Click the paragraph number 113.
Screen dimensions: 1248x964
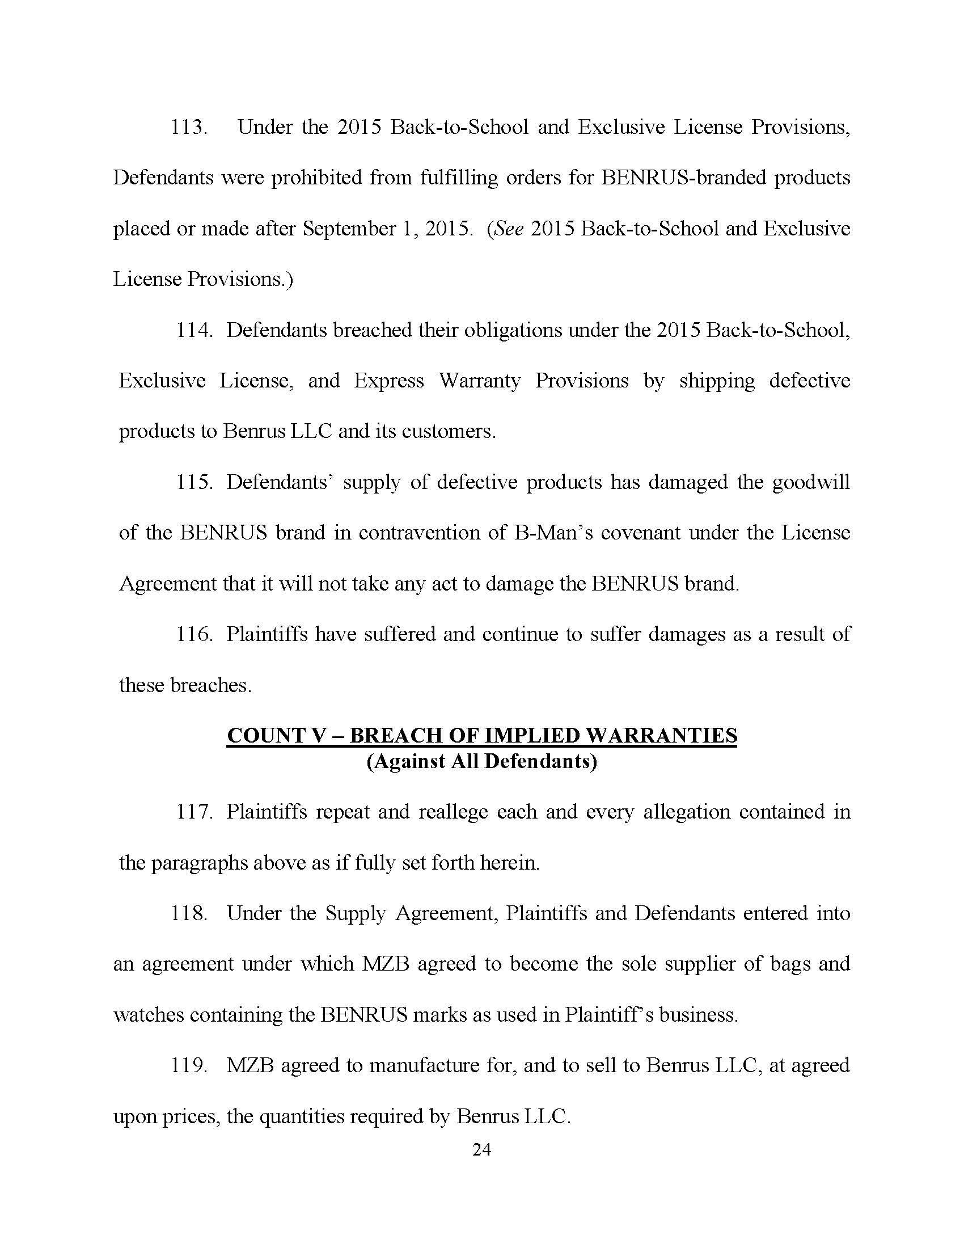tap(188, 127)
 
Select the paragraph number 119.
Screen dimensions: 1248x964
tap(188, 1066)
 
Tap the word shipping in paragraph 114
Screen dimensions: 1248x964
tap(717, 381)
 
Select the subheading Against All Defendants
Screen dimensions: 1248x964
tap(481, 762)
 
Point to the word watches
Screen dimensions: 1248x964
tap(148, 1015)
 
